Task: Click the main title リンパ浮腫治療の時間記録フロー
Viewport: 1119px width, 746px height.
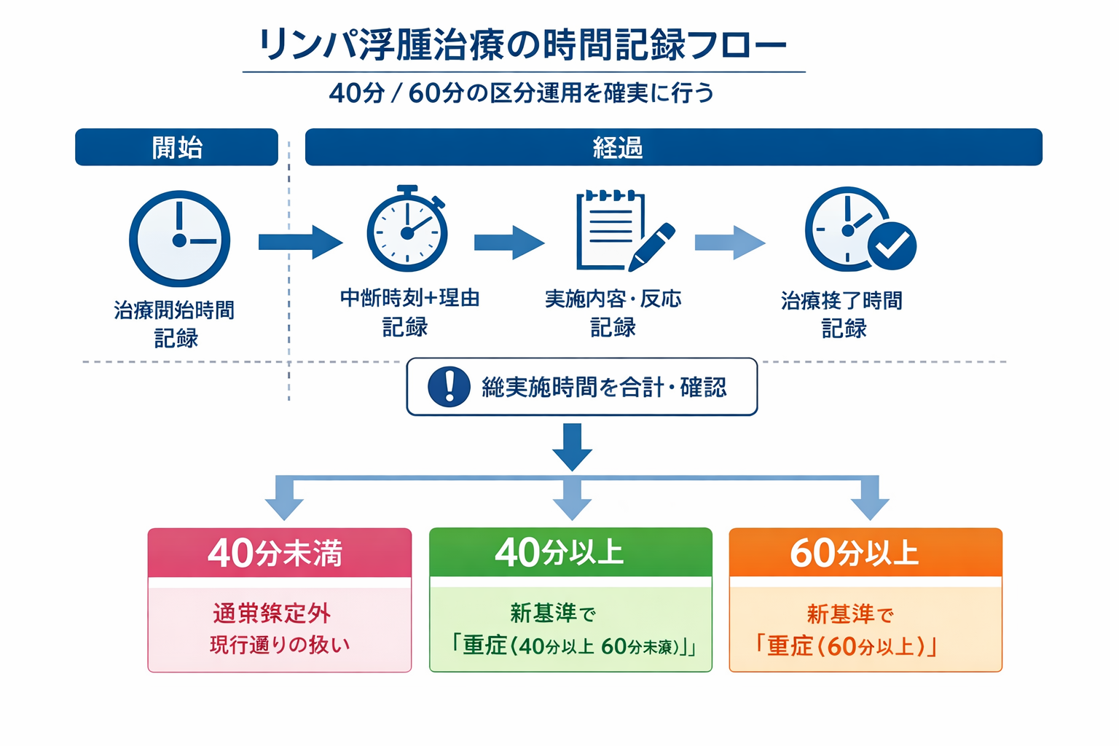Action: point(523,45)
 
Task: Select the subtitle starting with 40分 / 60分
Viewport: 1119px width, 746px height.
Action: point(522,93)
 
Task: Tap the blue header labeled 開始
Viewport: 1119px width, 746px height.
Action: point(176,147)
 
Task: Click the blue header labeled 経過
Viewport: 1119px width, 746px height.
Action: point(673,147)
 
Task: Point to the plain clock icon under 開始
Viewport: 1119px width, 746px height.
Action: point(179,239)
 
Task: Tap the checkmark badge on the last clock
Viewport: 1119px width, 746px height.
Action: point(892,246)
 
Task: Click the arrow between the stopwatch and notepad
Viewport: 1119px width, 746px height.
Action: point(509,243)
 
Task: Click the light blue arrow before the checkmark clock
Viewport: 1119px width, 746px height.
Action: point(729,243)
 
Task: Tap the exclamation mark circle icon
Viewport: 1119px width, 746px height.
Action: point(449,386)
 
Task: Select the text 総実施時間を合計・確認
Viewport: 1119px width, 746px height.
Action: point(604,388)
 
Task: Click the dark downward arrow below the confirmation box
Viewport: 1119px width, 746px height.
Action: point(573,446)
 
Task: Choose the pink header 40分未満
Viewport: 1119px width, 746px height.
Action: point(279,553)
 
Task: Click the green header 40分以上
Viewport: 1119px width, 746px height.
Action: point(570,552)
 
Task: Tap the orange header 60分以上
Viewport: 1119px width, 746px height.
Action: point(865,553)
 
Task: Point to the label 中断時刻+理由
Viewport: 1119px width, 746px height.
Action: point(409,298)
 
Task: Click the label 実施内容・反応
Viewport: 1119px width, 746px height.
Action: point(613,299)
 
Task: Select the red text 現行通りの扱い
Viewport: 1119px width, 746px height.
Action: point(280,645)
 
